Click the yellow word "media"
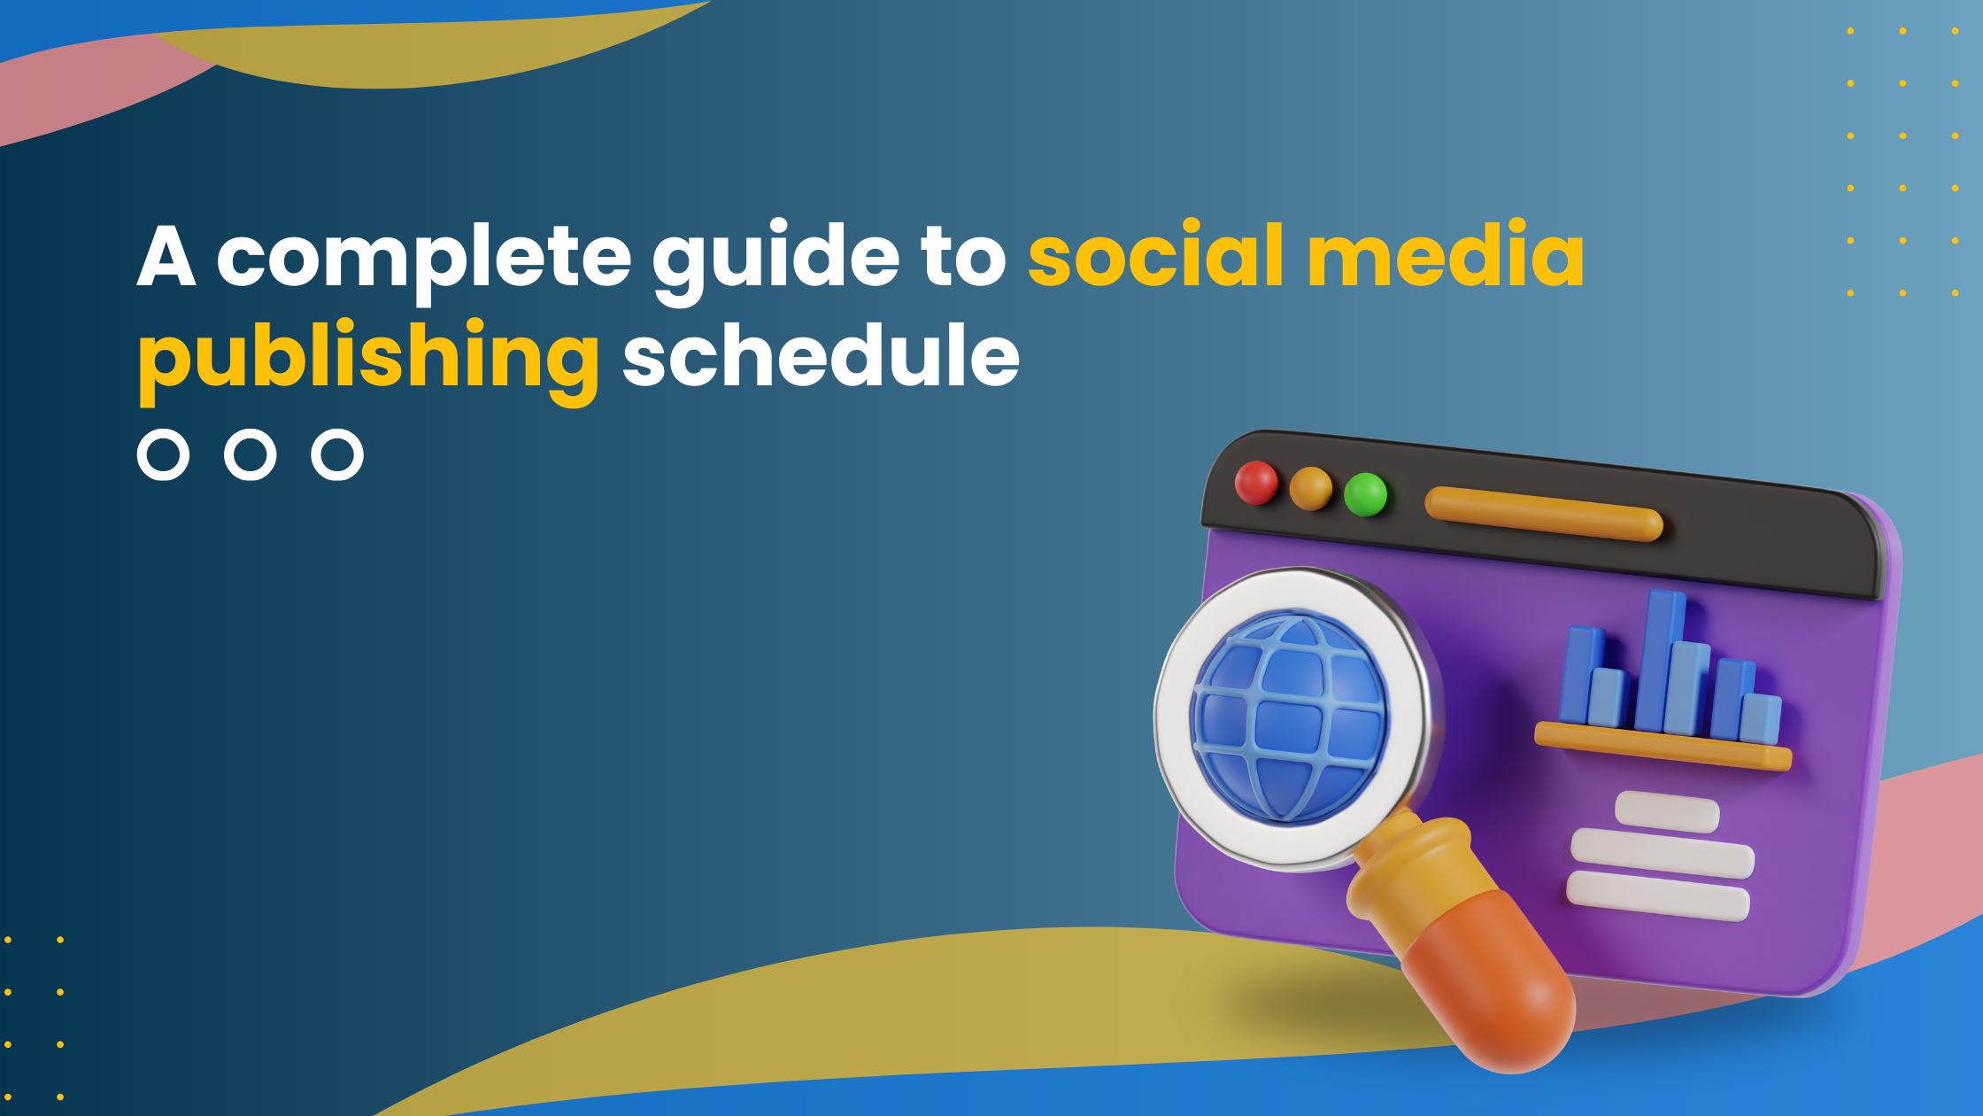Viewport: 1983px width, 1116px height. tap(1446, 254)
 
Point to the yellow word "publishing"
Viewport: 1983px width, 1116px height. tap(369, 361)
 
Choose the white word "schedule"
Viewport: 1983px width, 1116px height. tap(821, 354)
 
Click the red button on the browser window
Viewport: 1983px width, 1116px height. tap(1256, 483)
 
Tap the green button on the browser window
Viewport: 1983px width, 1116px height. tap(1366, 494)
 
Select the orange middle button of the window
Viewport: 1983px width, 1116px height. tap(1311, 488)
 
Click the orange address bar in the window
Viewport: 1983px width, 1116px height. tap(1544, 514)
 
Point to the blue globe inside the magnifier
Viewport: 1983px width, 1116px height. tap(1290, 717)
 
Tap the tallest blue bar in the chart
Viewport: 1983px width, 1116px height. tap(1658, 661)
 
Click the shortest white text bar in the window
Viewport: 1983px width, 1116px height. tap(1668, 812)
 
